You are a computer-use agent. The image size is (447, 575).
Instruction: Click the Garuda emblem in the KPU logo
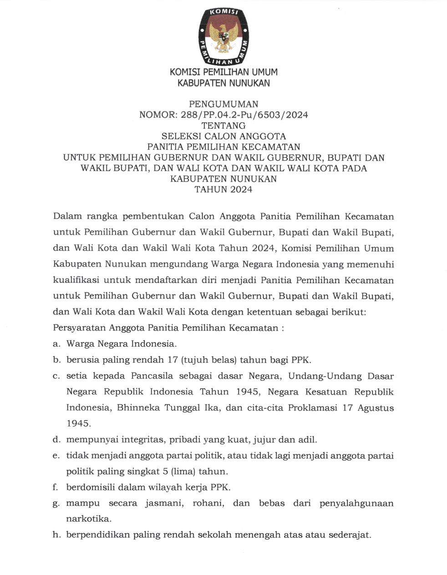(223, 37)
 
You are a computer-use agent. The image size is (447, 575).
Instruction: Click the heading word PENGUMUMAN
(223, 104)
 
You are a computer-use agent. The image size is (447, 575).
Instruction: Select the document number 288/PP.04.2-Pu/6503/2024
(242, 115)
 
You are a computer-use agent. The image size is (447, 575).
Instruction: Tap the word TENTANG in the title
(223, 125)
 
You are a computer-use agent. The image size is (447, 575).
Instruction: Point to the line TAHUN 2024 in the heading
(223, 190)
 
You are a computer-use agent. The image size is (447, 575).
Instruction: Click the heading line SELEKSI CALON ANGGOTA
(223, 136)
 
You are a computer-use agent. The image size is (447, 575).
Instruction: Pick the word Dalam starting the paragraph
(67, 216)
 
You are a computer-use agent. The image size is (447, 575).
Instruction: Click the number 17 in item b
(173, 360)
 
